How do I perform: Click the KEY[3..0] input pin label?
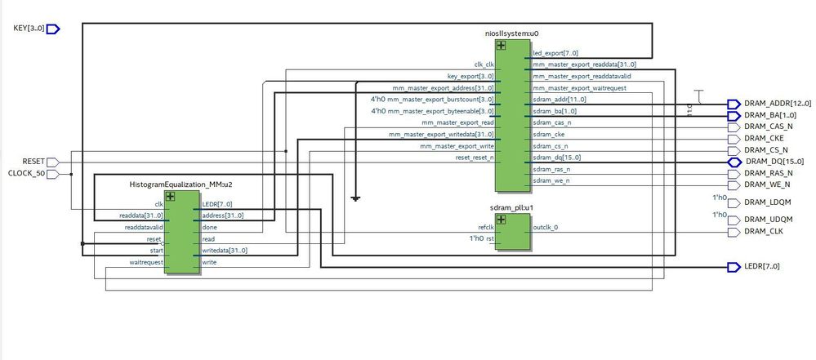[29, 29]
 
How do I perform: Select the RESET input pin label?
[34, 162]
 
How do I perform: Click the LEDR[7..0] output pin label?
[761, 267]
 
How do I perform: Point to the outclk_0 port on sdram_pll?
[546, 228]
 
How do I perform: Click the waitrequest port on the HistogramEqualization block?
[147, 263]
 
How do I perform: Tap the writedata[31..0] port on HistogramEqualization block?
[224, 251]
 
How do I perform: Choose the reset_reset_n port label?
[474, 158]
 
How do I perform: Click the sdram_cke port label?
[550, 134]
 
